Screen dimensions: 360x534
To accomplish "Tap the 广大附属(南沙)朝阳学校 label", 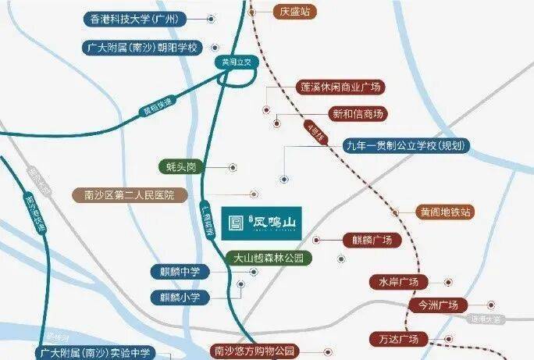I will [x=142, y=48].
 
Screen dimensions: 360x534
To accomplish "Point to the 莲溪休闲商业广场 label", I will [x=341, y=87].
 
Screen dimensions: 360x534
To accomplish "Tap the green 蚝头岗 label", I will [x=183, y=167].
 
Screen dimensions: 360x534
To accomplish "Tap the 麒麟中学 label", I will [x=180, y=272].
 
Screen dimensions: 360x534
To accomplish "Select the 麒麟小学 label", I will [x=180, y=297].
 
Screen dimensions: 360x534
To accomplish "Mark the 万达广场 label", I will [x=398, y=339].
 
